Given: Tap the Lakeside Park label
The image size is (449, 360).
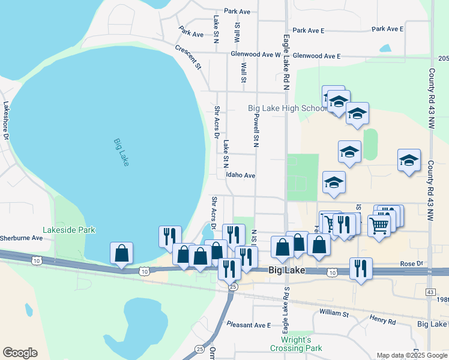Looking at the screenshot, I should coord(69,230).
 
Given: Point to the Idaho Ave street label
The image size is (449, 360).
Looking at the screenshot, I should coord(241,176).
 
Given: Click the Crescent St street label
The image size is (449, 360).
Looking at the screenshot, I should coord(187,57).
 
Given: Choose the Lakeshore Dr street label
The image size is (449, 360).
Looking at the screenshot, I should coord(6,119).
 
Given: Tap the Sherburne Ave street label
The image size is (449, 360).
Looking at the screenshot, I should coord(21,238).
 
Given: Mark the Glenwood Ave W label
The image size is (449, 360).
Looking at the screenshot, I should coord(256,54).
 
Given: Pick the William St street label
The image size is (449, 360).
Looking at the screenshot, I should coord(334,313).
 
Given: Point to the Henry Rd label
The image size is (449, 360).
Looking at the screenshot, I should coord(382,320).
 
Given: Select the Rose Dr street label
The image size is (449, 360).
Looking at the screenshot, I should coord(411,263).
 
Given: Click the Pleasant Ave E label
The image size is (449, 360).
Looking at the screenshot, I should coord(249,325).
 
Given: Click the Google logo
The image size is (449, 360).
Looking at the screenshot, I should coord(20,353).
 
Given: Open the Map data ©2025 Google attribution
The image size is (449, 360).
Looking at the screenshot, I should coord(411,355).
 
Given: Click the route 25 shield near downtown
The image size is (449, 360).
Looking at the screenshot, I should coord(232,286).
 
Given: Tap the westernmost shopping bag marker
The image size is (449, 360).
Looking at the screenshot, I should coord(121,253).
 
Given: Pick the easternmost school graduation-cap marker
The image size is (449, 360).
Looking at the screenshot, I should coord(409,160).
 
